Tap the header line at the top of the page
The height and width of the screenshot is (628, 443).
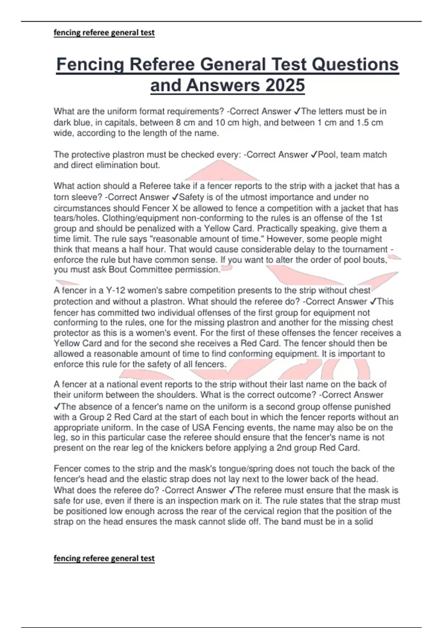(104, 33)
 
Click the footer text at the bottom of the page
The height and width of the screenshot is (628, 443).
(104, 558)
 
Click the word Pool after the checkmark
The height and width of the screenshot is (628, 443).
(327, 154)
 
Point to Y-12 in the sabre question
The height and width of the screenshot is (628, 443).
(107, 290)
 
